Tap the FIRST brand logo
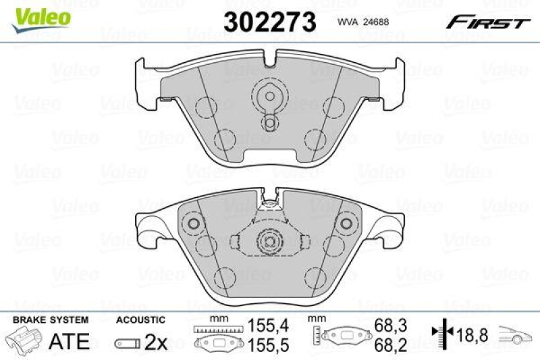point(486,23)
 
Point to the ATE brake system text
point(70,341)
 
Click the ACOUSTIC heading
point(140,319)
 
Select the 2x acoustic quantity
point(156,342)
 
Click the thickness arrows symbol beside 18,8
point(439,333)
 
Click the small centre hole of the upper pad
point(270,122)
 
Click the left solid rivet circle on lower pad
point(194,224)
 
